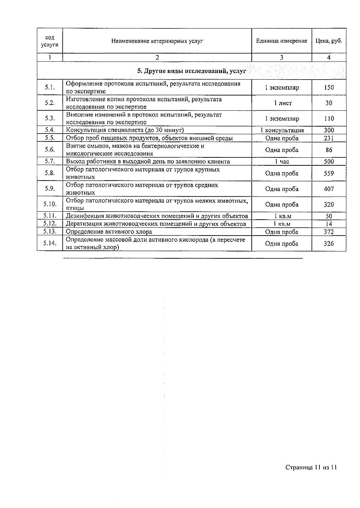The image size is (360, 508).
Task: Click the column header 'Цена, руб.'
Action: coord(328,41)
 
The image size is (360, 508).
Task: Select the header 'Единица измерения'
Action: coord(281,41)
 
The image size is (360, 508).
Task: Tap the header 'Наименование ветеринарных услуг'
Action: coord(157,41)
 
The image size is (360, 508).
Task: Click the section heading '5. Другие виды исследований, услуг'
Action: coord(192,71)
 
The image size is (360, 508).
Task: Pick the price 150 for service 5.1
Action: coord(329,87)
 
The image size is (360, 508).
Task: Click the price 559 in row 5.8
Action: coord(329,173)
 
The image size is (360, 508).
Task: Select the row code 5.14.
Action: coord(50,243)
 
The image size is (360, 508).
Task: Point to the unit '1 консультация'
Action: coord(282,130)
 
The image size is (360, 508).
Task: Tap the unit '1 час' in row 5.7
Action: coord(282,161)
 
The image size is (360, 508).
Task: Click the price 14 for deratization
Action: coord(329,224)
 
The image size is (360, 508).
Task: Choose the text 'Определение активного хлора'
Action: coord(109,232)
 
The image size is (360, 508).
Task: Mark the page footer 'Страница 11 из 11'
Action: coord(311,467)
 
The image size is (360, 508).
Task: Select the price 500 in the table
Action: coord(329,161)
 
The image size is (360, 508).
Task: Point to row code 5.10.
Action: coord(50,204)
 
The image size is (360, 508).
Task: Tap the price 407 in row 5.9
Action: coord(329,189)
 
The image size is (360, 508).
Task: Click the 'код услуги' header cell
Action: coord(50,41)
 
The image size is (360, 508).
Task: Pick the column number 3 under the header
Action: coord(282,57)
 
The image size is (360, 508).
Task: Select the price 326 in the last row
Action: coord(329,244)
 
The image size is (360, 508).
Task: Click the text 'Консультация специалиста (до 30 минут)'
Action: coord(125,130)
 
